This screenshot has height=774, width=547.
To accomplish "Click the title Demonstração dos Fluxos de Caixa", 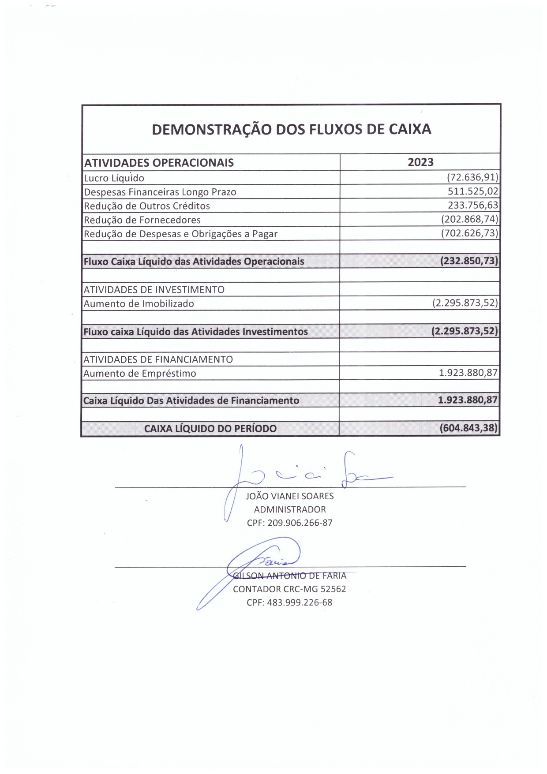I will [291, 129].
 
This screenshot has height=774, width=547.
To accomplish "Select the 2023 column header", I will [420, 162].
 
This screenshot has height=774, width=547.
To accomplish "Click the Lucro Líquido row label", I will [114, 178].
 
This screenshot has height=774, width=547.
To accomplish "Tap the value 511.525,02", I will [472, 191].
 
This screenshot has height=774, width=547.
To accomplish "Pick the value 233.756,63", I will [472, 205].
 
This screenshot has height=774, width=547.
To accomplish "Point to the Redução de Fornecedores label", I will [142, 220].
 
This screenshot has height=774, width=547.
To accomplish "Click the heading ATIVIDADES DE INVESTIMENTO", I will [154, 290].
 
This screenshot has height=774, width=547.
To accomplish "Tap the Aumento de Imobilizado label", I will [139, 303].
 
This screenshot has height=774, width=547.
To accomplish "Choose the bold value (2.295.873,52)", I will [465, 331].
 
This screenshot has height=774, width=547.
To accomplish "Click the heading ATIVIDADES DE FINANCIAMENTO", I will [158, 359].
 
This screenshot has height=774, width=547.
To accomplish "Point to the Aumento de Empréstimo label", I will [140, 374].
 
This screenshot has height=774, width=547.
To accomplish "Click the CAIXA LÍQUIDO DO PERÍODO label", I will [210, 428].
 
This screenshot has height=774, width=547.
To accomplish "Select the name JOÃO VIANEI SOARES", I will [289, 496].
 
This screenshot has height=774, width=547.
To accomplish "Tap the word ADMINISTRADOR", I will [290, 509].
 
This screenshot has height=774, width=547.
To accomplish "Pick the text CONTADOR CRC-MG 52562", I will [289, 589].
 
